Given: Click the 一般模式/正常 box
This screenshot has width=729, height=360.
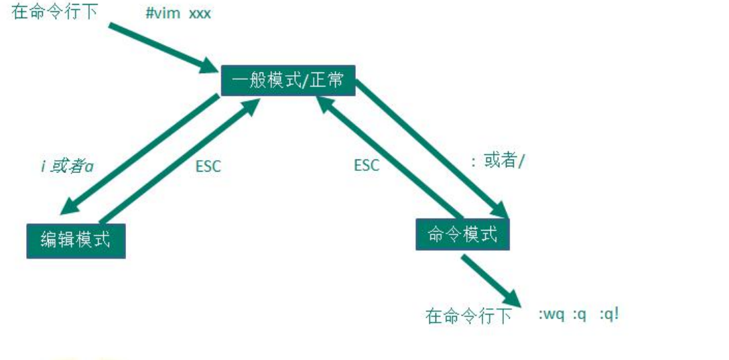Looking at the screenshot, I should (x=287, y=80).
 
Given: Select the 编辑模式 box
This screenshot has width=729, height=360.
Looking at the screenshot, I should (x=76, y=240).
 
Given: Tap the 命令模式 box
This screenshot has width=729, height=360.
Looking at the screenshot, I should (x=462, y=235).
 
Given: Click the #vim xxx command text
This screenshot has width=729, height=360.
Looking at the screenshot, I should (x=178, y=13).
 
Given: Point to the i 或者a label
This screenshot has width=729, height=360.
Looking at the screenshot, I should (x=66, y=166).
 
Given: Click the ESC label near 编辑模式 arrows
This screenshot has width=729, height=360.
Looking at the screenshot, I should (x=208, y=166).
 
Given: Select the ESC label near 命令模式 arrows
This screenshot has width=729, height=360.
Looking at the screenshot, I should (x=367, y=165).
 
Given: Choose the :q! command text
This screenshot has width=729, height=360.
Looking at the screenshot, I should (x=609, y=314).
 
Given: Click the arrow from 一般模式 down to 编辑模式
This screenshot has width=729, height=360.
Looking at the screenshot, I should (x=144, y=151).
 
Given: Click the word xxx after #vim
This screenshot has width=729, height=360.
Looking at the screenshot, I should (x=200, y=13).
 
